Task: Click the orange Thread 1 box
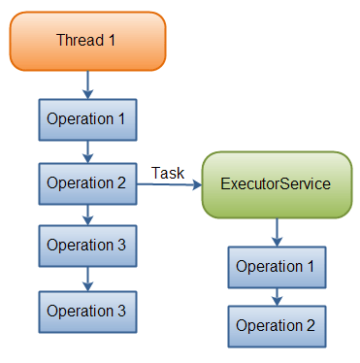pyautogui.click(x=87, y=40)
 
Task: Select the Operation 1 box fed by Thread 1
pyautogui.click(x=87, y=119)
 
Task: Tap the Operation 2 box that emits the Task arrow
pyautogui.click(x=87, y=182)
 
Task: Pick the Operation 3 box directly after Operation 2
pyautogui.click(x=87, y=245)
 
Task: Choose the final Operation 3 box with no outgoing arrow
pyautogui.click(x=87, y=311)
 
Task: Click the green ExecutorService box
pyautogui.click(x=276, y=183)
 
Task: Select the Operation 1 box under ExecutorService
pyautogui.click(x=277, y=266)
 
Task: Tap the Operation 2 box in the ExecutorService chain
pyautogui.click(x=277, y=326)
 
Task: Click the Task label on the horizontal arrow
pyautogui.click(x=169, y=172)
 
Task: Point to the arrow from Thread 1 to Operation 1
pyautogui.click(x=87, y=82)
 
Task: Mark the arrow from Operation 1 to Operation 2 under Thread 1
pyautogui.click(x=87, y=150)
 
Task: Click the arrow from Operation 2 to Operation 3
pyautogui.click(x=87, y=214)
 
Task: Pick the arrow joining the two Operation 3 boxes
pyautogui.click(x=87, y=278)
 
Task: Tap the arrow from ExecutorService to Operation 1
pyautogui.click(x=277, y=231)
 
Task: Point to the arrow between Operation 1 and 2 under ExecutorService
pyautogui.click(x=277, y=296)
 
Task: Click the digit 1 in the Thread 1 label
pyautogui.click(x=113, y=40)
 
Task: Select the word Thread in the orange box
pyautogui.click(x=79, y=40)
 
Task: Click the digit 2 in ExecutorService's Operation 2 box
pyautogui.click(x=311, y=326)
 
